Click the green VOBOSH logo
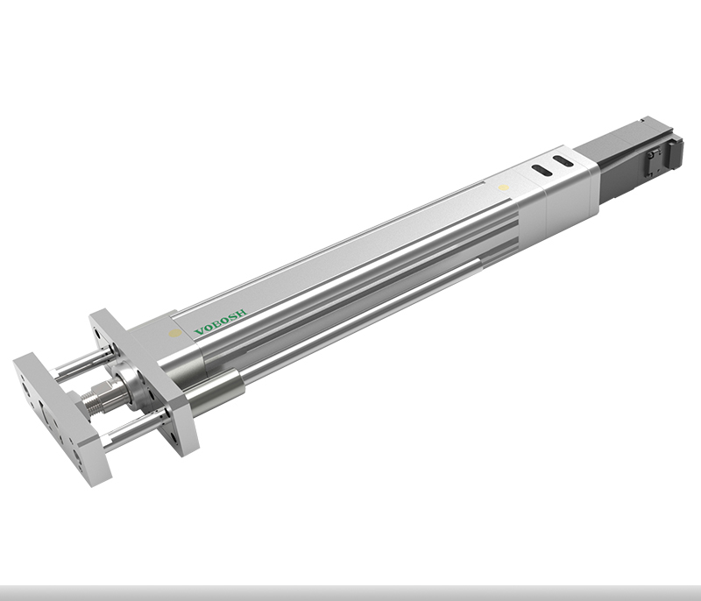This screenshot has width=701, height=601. coord(220,322)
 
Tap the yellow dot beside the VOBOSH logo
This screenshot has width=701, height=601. coord(175,333)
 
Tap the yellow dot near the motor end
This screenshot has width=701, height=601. coord(503,187)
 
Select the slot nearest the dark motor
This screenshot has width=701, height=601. coord(563,161)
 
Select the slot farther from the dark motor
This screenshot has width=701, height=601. coord(541,170)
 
